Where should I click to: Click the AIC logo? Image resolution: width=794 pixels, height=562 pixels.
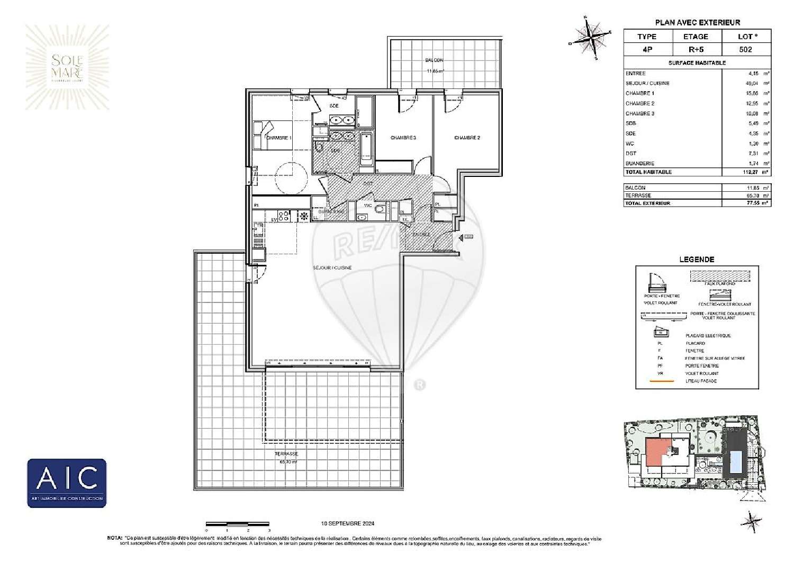67,483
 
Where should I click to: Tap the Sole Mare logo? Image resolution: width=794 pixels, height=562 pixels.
67,68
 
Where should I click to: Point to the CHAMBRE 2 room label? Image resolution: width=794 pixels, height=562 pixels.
467,138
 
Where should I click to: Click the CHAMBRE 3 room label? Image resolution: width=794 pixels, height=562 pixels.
403,138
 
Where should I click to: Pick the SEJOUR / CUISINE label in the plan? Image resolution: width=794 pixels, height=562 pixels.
332,268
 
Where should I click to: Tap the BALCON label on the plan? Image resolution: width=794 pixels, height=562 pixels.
435,60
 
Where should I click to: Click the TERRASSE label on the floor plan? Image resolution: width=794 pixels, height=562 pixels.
286,454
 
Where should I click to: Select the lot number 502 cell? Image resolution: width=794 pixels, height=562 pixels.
745,49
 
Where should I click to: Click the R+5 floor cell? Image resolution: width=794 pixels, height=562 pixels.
696,49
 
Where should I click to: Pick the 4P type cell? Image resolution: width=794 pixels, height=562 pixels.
647,49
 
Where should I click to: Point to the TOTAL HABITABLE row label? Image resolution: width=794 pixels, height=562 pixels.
648,172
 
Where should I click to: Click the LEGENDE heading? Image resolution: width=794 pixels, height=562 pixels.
697,260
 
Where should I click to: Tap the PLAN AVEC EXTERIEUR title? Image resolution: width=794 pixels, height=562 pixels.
697,22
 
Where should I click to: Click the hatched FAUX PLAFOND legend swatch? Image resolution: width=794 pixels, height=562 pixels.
719,276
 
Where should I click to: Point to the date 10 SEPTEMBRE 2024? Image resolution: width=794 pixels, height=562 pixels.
348,523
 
